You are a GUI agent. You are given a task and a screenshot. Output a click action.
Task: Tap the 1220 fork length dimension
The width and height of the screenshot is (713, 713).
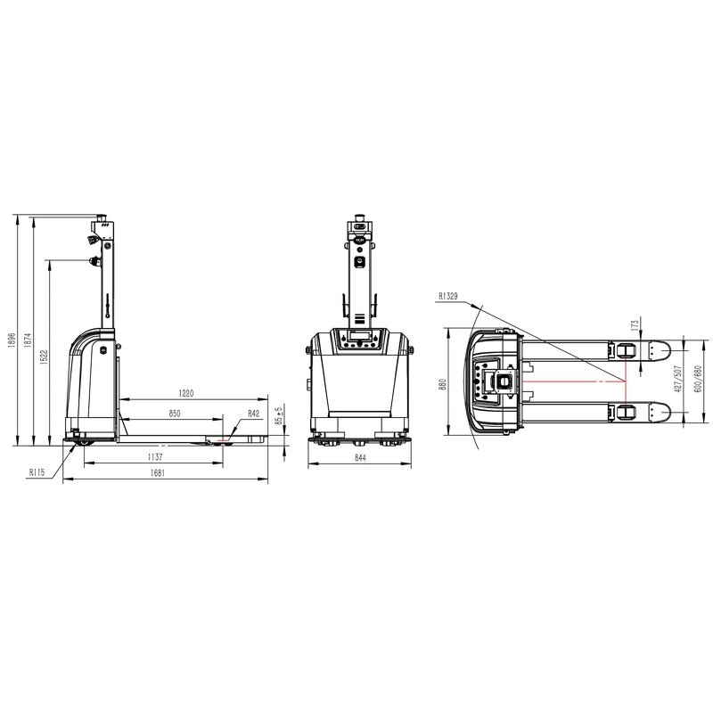[x=185, y=392]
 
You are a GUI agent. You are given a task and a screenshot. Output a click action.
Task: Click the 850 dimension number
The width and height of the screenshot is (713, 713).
[x=175, y=414]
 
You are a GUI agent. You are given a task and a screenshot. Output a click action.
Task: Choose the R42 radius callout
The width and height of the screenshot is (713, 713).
[x=254, y=414]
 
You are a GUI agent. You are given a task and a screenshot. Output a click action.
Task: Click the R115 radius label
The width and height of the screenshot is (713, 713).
[x=37, y=472]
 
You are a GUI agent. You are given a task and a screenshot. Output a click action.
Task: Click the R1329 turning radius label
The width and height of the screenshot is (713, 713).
[x=448, y=295]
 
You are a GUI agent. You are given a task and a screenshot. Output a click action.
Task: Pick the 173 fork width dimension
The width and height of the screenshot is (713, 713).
[x=634, y=324]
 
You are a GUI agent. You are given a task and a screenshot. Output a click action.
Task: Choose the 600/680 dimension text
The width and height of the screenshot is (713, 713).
[x=699, y=380]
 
